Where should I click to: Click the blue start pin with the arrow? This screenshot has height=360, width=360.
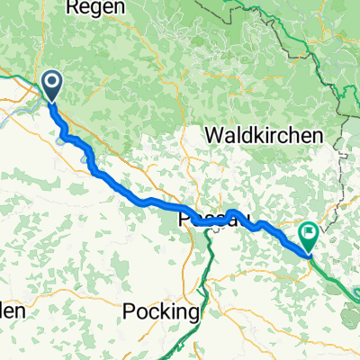[x=51, y=87]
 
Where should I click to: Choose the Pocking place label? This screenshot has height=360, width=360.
[x=160, y=311]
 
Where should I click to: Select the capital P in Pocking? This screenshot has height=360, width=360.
[x=128, y=311]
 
